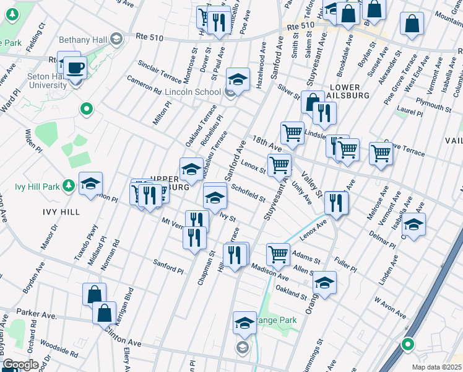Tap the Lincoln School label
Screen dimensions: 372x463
point(193,92)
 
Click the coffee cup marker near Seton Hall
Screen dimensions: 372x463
point(76,67)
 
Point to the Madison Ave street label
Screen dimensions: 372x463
point(270,271)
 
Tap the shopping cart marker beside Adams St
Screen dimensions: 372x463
point(278,253)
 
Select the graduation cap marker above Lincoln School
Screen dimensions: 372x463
point(238,78)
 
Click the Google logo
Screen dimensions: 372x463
point(21,365)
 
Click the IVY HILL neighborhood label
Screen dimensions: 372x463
point(61,212)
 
